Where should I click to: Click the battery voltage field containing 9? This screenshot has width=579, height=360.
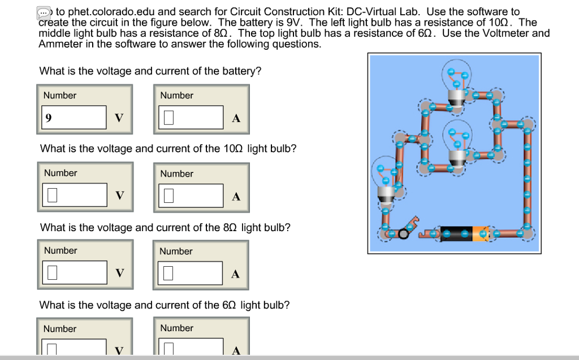coord(74,118)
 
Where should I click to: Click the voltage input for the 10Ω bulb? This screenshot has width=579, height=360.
coord(75,196)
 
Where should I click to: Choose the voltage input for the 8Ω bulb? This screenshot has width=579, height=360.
coord(75,273)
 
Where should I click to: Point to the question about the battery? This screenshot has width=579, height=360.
coord(150,71)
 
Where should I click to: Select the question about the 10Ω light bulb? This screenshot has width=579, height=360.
coord(168,149)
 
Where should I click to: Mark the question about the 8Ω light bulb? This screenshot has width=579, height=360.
coord(165,227)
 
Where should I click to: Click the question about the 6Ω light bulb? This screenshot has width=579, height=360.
coord(164,305)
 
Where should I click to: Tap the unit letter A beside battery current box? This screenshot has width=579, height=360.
coord(236,118)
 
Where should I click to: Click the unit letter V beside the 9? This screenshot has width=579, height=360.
coord(119,118)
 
